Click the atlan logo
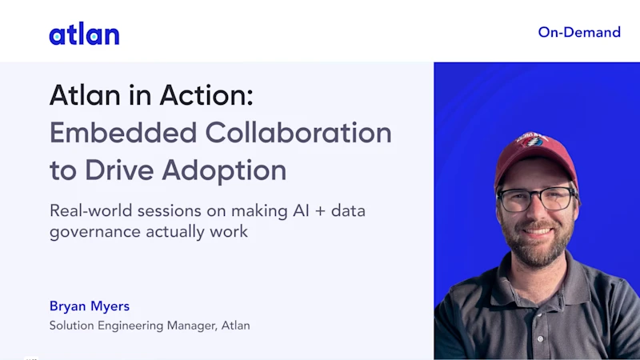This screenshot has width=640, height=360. [85, 34]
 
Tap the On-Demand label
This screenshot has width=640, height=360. [579, 32]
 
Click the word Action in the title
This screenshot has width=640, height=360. [206, 95]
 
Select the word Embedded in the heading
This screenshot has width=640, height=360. [123, 133]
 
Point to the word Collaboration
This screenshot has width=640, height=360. [298, 133]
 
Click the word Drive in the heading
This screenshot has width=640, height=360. [118, 170]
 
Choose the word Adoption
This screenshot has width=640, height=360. [224, 171]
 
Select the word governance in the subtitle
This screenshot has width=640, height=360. [95, 232]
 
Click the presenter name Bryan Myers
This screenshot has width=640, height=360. [90, 306]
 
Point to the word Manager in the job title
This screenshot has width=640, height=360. [192, 326]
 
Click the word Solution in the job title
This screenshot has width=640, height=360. [72, 326]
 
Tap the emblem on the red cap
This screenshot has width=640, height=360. [531, 139]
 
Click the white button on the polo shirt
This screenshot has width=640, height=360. [541, 338]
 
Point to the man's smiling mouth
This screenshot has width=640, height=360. [537, 231]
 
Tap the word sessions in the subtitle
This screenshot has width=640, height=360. [170, 211]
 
